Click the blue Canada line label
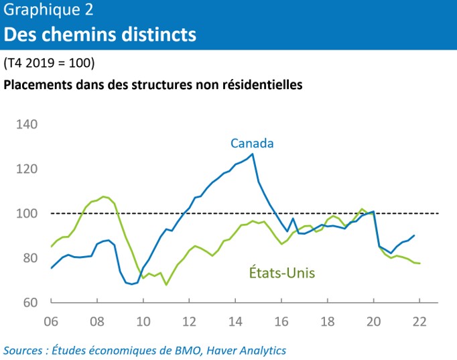[x=252, y=143]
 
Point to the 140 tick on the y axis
[x=27, y=125]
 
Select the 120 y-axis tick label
[x=27, y=169]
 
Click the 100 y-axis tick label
[x=27, y=214]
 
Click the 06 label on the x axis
[x=50, y=320]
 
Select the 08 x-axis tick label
[x=96, y=320]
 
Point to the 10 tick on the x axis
[x=143, y=320]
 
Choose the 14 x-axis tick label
[x=235, y=320]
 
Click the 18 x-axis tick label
[x=327, y=320]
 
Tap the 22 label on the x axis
[x=419, y=320]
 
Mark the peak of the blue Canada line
[x=252, y=154]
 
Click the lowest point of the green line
[x=166, y=284]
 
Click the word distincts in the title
[x=155, y=33]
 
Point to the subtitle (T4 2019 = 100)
[x=49, y=64]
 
